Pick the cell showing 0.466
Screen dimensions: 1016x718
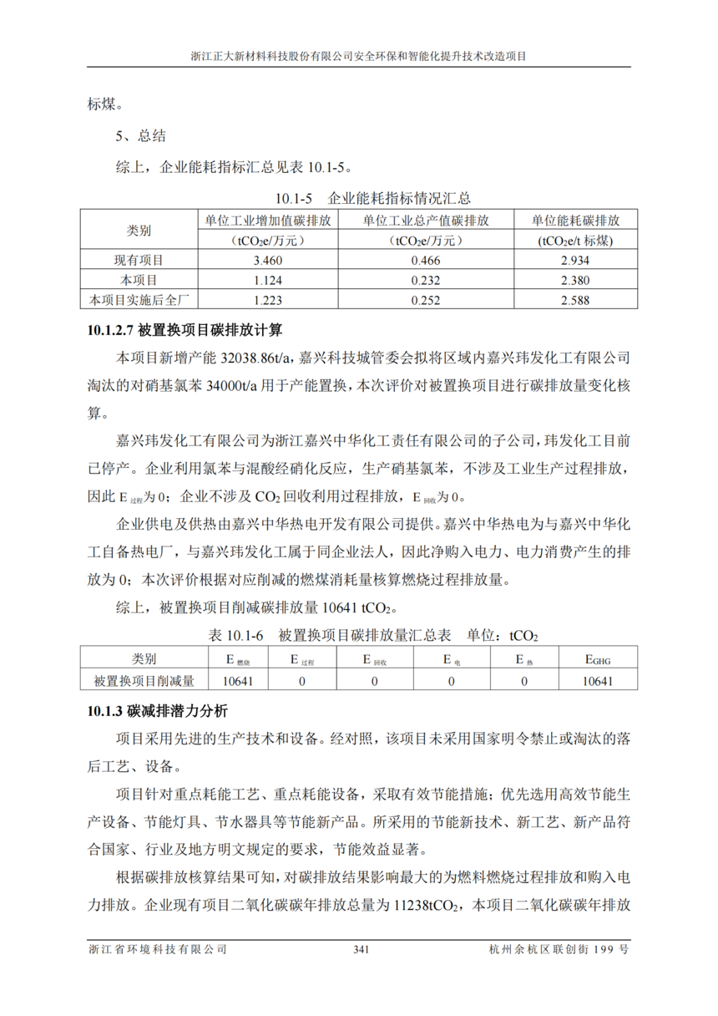tap(426, 261)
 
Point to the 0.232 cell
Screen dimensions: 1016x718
tap(426, 281)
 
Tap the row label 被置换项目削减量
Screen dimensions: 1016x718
tap(144, 681)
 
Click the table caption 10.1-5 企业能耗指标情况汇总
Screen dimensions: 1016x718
tap(373, 199)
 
